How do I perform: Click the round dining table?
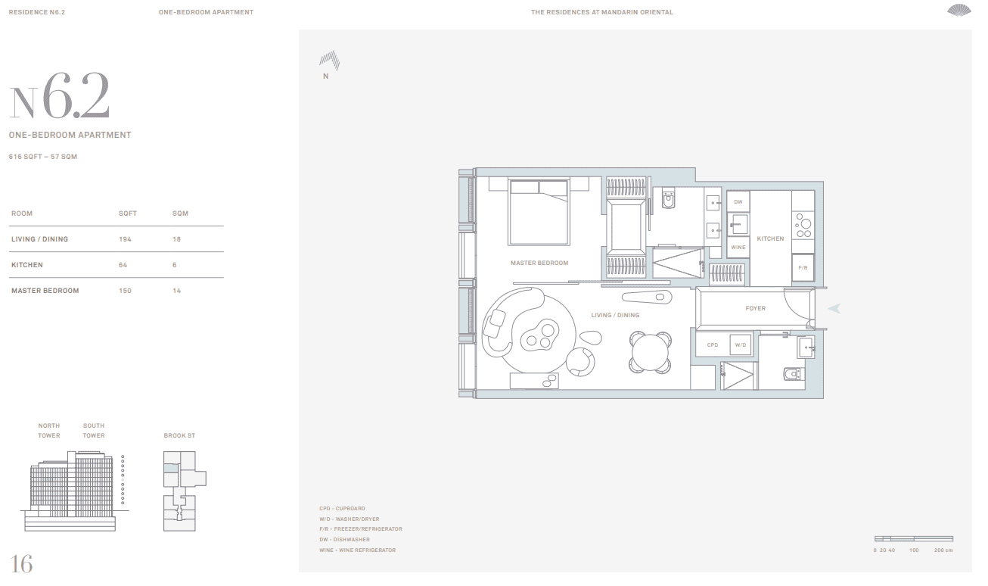650,353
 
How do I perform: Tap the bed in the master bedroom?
539,211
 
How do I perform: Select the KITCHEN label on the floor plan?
770,238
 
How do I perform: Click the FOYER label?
755,308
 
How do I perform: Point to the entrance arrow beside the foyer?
834,308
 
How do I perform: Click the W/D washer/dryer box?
741,344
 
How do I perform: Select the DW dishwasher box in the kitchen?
738,201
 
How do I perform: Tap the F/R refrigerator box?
803,267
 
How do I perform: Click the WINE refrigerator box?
738,247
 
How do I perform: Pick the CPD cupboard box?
713,344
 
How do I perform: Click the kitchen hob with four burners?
803,226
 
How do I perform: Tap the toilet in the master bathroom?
668,198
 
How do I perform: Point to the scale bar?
914,539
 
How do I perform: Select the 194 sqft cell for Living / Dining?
125,239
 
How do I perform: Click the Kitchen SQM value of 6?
175,265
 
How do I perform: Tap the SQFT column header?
127,214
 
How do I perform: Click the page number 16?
21,564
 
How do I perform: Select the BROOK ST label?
179,435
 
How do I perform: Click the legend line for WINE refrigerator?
357,550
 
